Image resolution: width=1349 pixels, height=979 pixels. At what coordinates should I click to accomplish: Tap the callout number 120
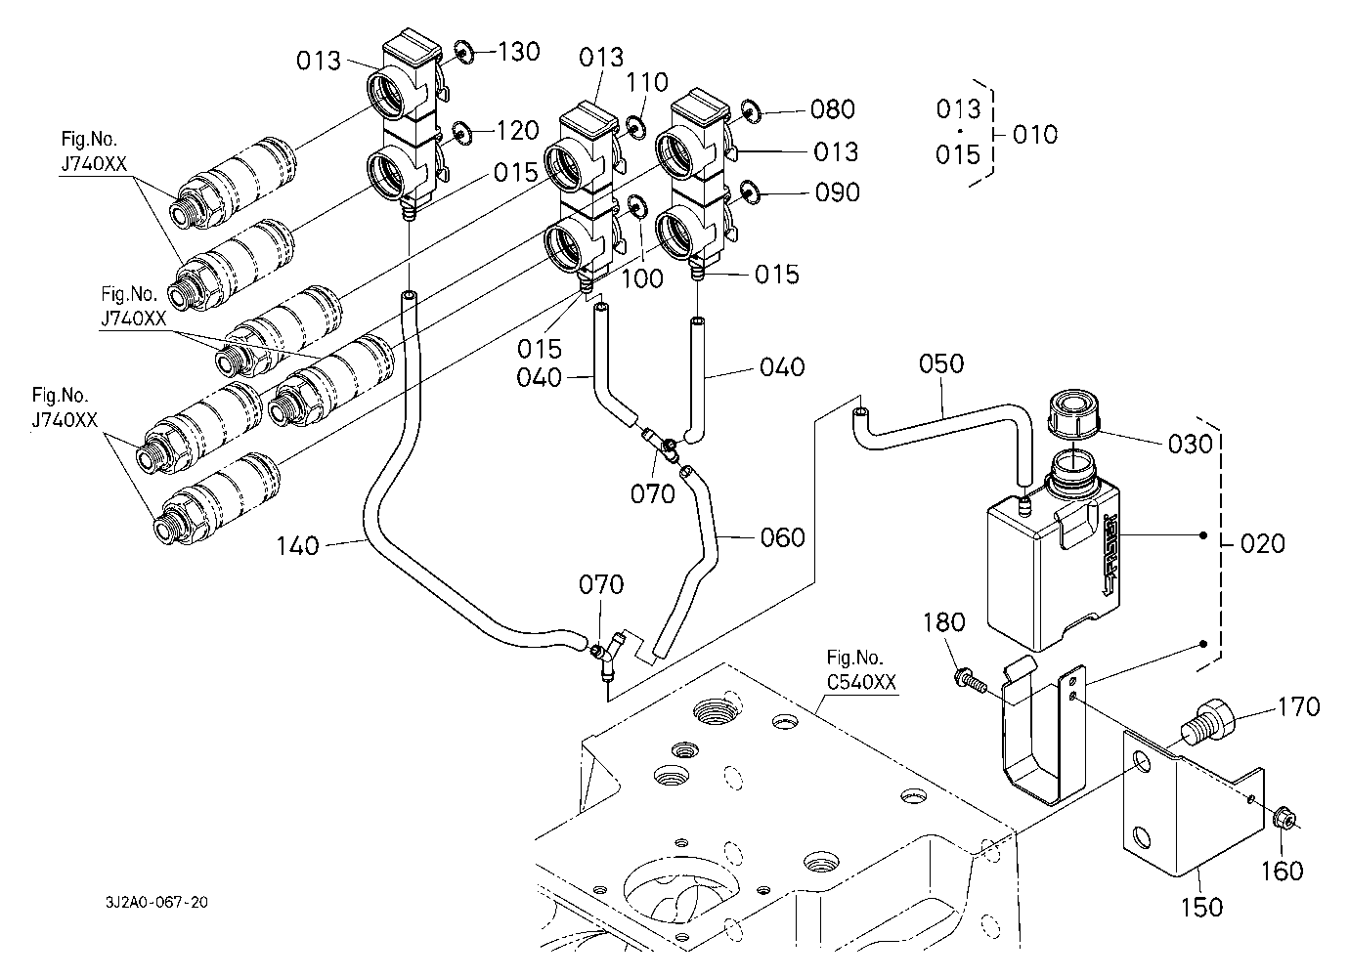tap(517, 130)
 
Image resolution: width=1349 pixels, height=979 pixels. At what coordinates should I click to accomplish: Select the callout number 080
tap(832, 108)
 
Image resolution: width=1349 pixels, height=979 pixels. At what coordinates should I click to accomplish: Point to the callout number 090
tap(837, 192)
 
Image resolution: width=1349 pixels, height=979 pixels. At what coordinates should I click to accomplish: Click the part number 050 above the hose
tap(940, 364)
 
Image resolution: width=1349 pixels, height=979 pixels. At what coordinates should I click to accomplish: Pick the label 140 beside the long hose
tap(297, 545)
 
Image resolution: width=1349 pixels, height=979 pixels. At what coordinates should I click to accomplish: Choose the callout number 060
tap(782, 537)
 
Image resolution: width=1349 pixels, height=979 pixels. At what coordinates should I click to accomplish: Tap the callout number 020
tap(1262, 543)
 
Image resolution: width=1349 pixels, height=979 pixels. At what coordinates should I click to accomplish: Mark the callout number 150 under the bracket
tap(1201, 907)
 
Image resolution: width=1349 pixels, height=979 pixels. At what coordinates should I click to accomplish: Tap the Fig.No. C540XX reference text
tap(861, 670)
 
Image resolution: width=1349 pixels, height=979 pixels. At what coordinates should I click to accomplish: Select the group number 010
tap(1034, 134)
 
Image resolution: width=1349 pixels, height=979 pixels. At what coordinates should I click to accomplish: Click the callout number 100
tap(641, 278)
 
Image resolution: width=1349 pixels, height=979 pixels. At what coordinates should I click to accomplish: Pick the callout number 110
tap(647, 83)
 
